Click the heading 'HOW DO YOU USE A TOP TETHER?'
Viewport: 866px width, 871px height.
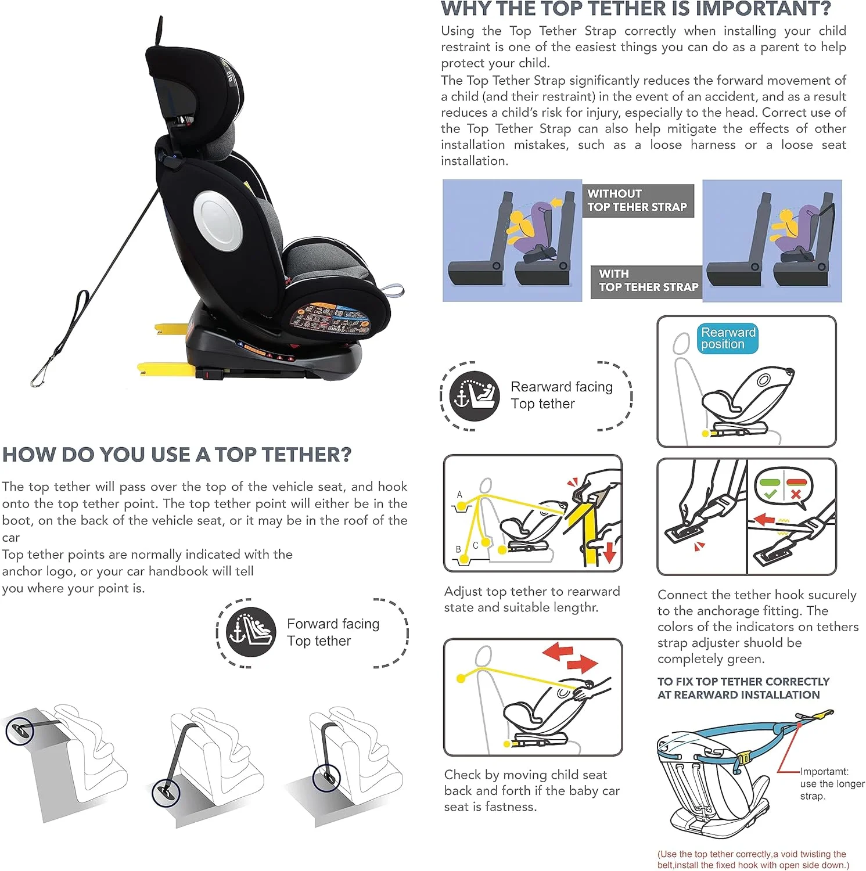177,455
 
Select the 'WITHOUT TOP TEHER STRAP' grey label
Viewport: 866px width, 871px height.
638,200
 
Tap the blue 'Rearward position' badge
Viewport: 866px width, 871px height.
728,339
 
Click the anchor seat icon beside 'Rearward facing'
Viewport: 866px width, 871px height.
474,395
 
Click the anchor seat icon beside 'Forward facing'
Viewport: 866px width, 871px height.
250,632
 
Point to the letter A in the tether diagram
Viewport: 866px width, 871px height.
459,495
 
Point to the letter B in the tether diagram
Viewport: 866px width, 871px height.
458,549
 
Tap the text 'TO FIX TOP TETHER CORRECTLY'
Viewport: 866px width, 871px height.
743,682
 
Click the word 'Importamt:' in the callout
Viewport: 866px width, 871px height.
824,772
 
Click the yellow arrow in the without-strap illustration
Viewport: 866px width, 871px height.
555,203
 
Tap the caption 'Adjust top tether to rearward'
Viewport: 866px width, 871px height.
532,592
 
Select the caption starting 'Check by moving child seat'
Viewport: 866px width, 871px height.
532,790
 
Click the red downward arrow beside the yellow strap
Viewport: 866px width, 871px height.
609,552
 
